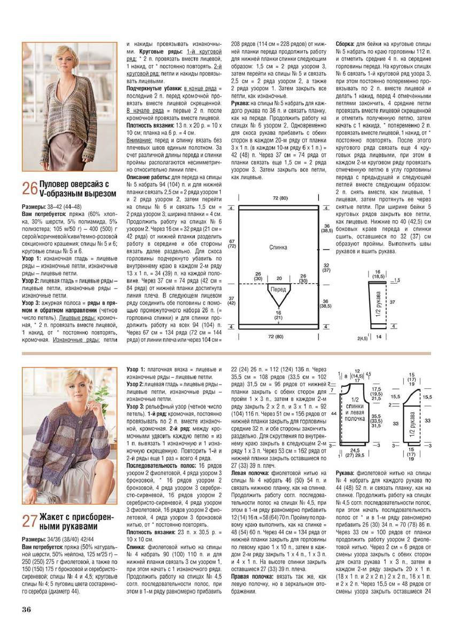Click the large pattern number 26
pos(29,188)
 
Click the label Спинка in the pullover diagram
pos(278,247)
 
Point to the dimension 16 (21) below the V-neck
pos(278,315)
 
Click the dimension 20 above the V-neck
pos(278,278)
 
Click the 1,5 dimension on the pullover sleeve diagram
pos(396,279)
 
